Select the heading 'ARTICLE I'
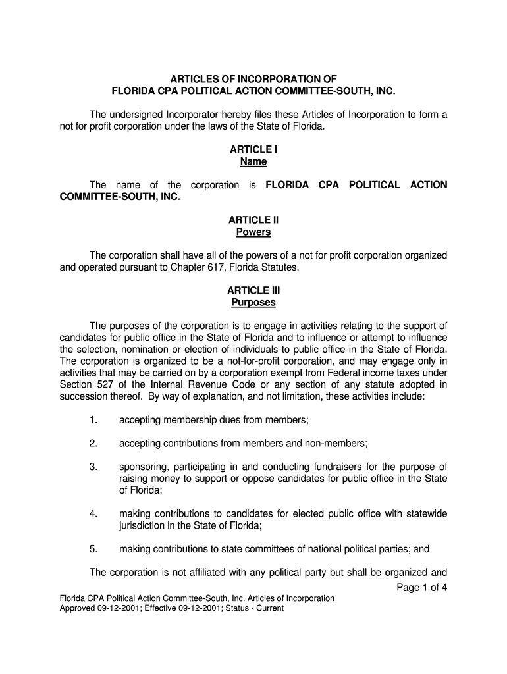(254, 149)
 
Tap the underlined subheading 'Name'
(254, 162)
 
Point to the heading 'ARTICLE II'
(254, 220)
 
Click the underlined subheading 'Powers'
(254, 232)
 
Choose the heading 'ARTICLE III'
(254, 290)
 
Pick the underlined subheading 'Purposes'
(254, 303)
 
